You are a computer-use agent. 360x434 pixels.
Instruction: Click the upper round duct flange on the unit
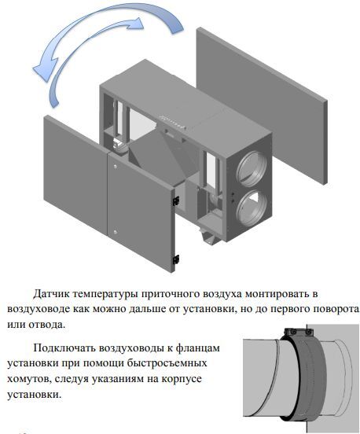[x=251, y=168]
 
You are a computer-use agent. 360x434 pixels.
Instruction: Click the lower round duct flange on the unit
[x=252, y=208]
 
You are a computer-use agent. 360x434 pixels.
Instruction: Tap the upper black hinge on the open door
[x=176, y=200]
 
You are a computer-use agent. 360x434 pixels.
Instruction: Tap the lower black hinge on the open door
[x=176, y=259]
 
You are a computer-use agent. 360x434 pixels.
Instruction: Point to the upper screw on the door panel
[x=116, y=167]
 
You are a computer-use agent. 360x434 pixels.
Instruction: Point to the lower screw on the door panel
[x=115, y=232]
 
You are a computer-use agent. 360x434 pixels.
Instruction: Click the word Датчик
[x=51, y=294]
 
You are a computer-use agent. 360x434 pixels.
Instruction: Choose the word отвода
[x=46, y=325]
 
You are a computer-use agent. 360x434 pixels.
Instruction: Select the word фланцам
[x=197, y=348]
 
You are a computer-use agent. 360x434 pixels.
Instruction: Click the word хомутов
[x=29, y=379]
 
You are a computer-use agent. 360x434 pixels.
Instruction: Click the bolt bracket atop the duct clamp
[x=299, y=332]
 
